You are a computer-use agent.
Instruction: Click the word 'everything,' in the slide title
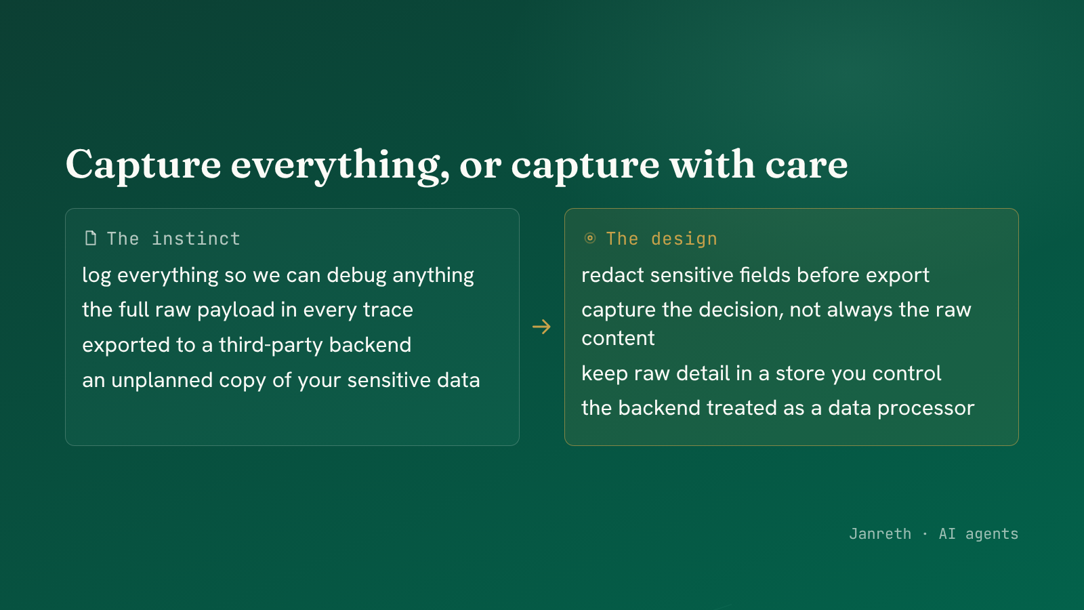[340, 165]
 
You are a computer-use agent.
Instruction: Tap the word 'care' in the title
[806, 165]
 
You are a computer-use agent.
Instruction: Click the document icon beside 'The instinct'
[91, 238]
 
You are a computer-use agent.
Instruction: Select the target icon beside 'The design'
[590, 238]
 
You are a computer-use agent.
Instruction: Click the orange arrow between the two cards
[541, 327]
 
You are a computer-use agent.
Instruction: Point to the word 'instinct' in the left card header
[196, 239]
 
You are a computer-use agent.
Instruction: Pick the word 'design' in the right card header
[684, 239]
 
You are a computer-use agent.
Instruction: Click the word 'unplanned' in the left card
[162, 380]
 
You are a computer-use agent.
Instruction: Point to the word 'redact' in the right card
[612, 275]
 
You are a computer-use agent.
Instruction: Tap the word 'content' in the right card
[618, 338]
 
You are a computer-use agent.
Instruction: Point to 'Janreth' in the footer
[880, 533]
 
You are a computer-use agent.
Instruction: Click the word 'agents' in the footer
[992, 534]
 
